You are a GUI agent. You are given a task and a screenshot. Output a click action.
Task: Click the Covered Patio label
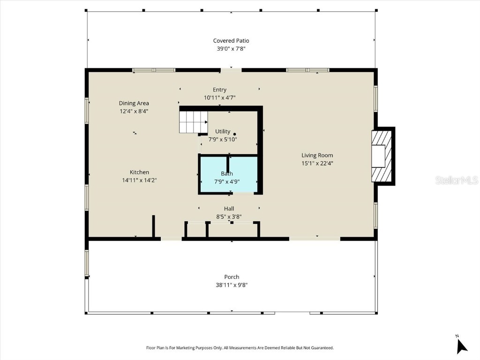(x=231, y=41)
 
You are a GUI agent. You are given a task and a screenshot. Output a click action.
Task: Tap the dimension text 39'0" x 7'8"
(x=231, y=48)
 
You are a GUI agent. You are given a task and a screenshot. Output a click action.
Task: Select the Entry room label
(x=219, y=90)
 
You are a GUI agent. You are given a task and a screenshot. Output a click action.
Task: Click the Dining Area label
(x=134, y=103)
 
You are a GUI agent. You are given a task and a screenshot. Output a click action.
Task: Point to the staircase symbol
(x=193, y=121)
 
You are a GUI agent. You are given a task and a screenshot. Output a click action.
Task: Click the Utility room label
(x=223, y=131)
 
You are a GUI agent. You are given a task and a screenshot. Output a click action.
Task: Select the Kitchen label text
(x=139, y=172)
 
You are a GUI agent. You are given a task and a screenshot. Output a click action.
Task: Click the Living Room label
(x=317, y=155)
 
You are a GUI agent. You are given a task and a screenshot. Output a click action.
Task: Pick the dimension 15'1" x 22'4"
(x=317, y=163)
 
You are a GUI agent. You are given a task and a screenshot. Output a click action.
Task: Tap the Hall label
(x=229, y=209)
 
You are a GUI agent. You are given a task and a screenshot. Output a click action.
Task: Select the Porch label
(x=231, y=277)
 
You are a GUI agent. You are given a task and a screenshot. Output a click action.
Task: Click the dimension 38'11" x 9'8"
(x=231, y=285)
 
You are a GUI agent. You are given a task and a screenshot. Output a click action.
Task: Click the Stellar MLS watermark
(x=457, y=180)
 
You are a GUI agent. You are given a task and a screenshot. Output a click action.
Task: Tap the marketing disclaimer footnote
(x=240, y=348)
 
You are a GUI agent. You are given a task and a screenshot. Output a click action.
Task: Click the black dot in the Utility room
(x=235, y=134)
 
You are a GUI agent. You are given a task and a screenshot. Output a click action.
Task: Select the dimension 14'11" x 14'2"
(x=139, y=180)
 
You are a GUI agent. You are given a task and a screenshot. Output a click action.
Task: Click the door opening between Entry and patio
(x=231, y=70)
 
